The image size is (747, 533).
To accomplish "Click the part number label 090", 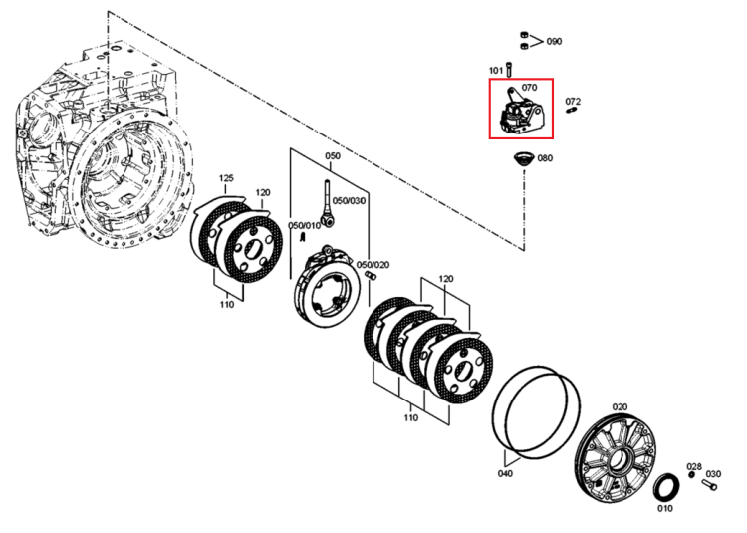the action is click(x=554, y=42).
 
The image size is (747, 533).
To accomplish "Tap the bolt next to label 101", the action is click(x=509, y=70).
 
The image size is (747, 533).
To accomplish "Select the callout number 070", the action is click(x=529, y=87).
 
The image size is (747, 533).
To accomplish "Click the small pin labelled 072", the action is click(x=572, y=111).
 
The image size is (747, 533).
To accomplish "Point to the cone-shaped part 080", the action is click(x=524, y=159).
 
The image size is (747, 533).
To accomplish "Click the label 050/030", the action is click(x=350, y=201).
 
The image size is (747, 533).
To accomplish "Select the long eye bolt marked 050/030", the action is click(x=328, y=204).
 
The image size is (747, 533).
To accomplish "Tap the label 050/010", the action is click(x=304, y=225).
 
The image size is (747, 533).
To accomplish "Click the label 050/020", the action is click(x=373, y=265).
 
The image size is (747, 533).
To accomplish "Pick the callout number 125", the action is click(x=226, y=178).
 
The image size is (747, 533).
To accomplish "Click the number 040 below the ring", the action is click(x=505, y=474).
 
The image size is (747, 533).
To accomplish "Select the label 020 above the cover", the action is click(x=620, y=407).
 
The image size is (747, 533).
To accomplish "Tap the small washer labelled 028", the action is click(x=692, y=475).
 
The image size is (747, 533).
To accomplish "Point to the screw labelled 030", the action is click(x=709, y=486).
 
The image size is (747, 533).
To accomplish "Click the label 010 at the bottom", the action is click(x=665, y=509).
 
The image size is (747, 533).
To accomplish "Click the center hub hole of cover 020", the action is click(x=621, y=459).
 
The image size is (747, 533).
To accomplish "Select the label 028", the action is click(x=694, y=466).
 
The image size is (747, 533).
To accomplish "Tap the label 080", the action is click(x=545, y=158).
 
